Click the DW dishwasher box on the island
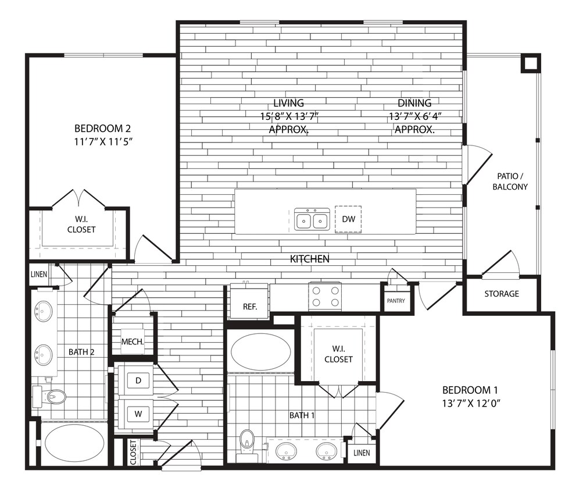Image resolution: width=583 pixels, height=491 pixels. pos(348,219)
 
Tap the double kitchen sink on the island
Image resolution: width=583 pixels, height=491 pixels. pos(312,220)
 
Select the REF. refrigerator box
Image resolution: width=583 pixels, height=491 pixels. pos(248,306)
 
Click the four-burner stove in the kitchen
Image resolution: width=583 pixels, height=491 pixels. pos(326,296)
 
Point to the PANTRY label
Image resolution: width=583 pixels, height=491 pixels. pos(395,301)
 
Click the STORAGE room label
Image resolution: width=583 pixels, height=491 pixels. pos(502,294)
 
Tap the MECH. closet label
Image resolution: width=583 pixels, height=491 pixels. pos(133,342)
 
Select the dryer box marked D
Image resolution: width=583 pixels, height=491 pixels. pos(138,380)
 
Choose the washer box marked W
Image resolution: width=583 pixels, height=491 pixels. pos(138,413)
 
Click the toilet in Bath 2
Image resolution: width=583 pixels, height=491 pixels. pos(52,397)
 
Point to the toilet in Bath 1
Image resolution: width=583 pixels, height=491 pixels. pos(248,443)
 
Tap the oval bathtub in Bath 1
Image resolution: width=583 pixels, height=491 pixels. pos(262,352)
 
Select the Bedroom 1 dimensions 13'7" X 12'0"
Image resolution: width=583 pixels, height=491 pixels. pos(471,403)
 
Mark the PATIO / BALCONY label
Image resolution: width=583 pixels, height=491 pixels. pos(510,182)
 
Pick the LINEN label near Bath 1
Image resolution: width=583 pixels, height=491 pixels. pos(360,453)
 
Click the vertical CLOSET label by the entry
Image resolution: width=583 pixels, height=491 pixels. pos(133,452)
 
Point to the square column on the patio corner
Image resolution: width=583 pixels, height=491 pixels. pos(530,63)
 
